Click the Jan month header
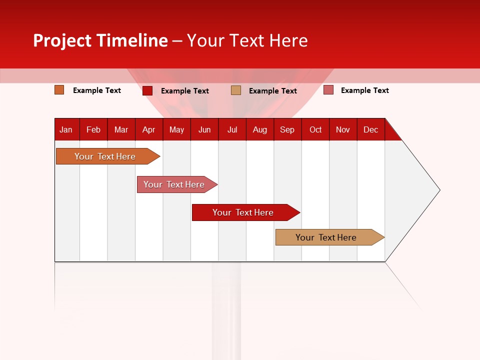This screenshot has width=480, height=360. (x=66, y=129)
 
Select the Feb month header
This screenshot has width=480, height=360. (x=93, y=129)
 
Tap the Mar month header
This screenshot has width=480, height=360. (x=121, y=129)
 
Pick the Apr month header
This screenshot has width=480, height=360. (x=149, y=129)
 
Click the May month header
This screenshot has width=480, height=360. (x=176, y=129)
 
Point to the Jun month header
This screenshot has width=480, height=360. (x=204, y=129)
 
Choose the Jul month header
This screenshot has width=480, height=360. (x=232, y=129)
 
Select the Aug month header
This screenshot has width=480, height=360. (x=260, y=129)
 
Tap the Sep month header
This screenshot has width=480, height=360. (x=287, y=129)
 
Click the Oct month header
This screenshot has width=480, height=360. (x=315, y=129)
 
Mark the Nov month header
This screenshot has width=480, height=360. (x=343, y=129)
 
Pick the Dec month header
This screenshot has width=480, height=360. (x=371, y=129)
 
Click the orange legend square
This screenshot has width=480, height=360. (x=59, y=90)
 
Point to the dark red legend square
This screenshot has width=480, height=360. (x=147, y=90)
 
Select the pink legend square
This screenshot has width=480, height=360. (x=328, y=90)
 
